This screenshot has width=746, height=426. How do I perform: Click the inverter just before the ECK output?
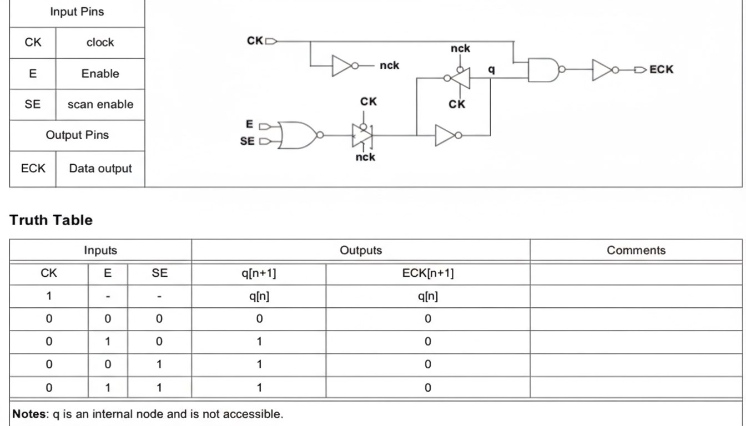click(x=604, y=70)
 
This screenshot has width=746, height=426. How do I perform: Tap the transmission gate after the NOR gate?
click(x=362, y=134)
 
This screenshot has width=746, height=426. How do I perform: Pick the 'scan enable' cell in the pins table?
click(x=100, y=104)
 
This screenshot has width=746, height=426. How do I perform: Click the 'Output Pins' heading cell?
click(x=77, y=135)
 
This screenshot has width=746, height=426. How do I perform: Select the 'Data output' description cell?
click(x=100, y=169)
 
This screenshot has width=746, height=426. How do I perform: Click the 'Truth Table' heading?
click(x=51, y=220)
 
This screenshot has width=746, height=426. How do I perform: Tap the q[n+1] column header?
click(x=259, y=272)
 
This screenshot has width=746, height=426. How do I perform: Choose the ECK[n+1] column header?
click(x=427, y=272)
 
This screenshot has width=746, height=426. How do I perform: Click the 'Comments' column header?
click(x=636, y=250)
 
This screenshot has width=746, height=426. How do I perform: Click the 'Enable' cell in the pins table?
click(x=100, y=73)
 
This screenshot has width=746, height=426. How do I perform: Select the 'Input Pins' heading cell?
click(x=77, y=11)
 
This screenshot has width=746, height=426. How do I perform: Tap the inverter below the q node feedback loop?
click(x=447, y=135)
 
